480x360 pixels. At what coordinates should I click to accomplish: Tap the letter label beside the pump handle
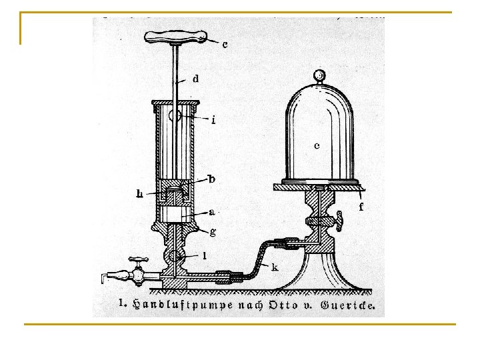[225, 45]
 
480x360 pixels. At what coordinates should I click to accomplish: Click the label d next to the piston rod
[195, 79]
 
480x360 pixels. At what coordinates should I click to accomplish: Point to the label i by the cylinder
[213, 120]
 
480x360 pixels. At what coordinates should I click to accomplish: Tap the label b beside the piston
[212, 179]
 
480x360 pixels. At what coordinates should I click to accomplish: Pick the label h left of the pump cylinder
[139, 193]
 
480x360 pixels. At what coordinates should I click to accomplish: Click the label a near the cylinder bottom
[211, 212]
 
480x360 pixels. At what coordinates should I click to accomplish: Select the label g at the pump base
[213, 231]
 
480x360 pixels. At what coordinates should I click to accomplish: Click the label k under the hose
[275, 267]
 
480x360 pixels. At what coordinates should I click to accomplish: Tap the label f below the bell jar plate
[361, 207]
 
